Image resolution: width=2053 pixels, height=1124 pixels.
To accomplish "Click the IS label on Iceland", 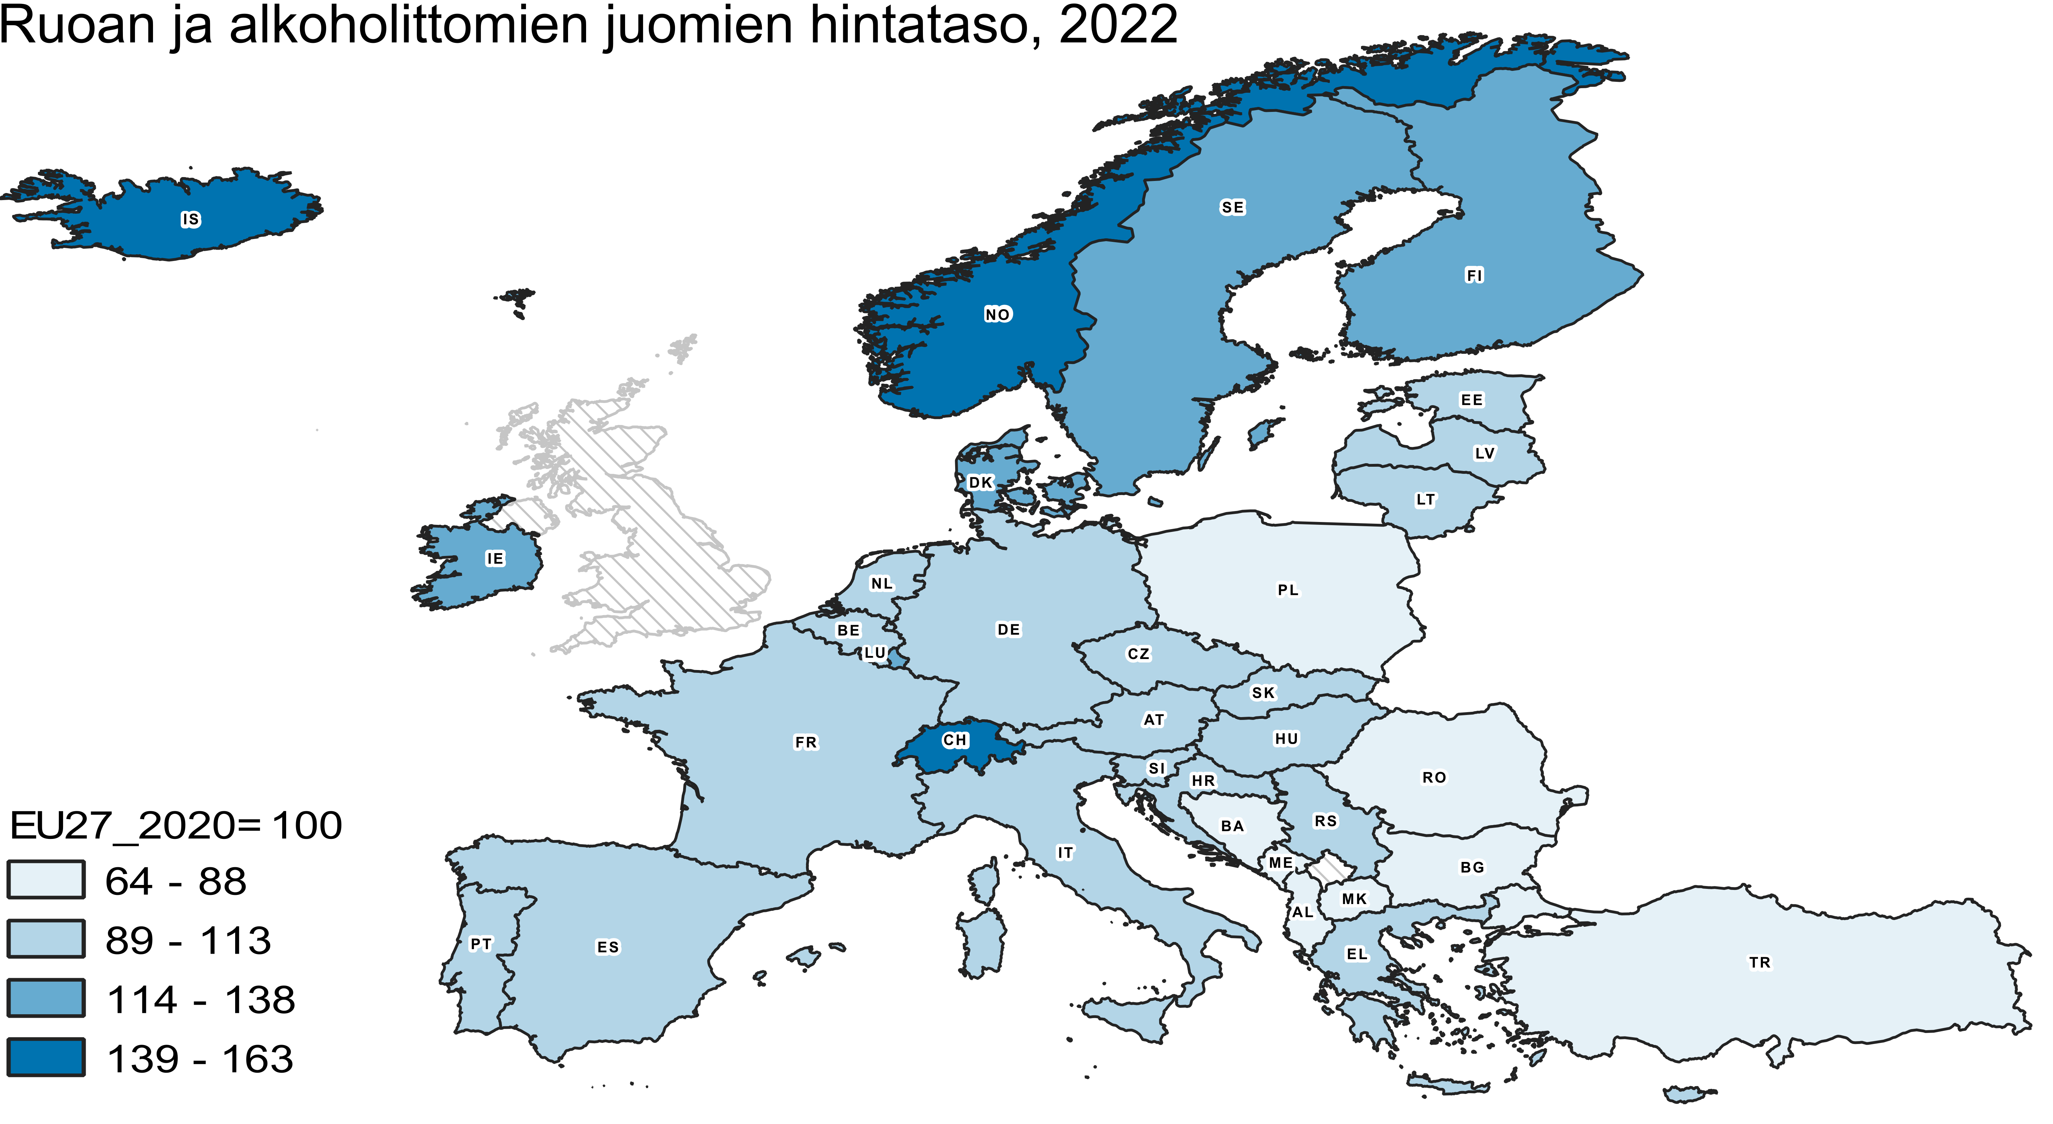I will [191, 219].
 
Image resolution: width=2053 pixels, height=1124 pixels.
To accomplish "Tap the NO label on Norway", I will [997, 315].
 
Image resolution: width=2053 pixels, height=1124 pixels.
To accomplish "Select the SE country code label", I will [1232, 207].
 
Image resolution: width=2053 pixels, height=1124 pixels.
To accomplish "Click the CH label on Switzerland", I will [955, 740].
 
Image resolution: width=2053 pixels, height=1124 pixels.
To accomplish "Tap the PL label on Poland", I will [1288, 590].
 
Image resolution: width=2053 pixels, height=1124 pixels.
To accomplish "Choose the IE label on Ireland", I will [495, 559].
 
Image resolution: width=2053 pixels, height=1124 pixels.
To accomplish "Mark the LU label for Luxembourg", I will [875, 653].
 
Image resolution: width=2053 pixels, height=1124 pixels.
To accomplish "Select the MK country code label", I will [1354, 899].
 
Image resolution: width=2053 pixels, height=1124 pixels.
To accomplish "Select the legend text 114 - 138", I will [201, 1000].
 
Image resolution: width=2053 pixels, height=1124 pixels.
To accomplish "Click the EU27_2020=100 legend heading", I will [175, 825].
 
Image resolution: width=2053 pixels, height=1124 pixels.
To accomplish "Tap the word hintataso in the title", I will [924, 25].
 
